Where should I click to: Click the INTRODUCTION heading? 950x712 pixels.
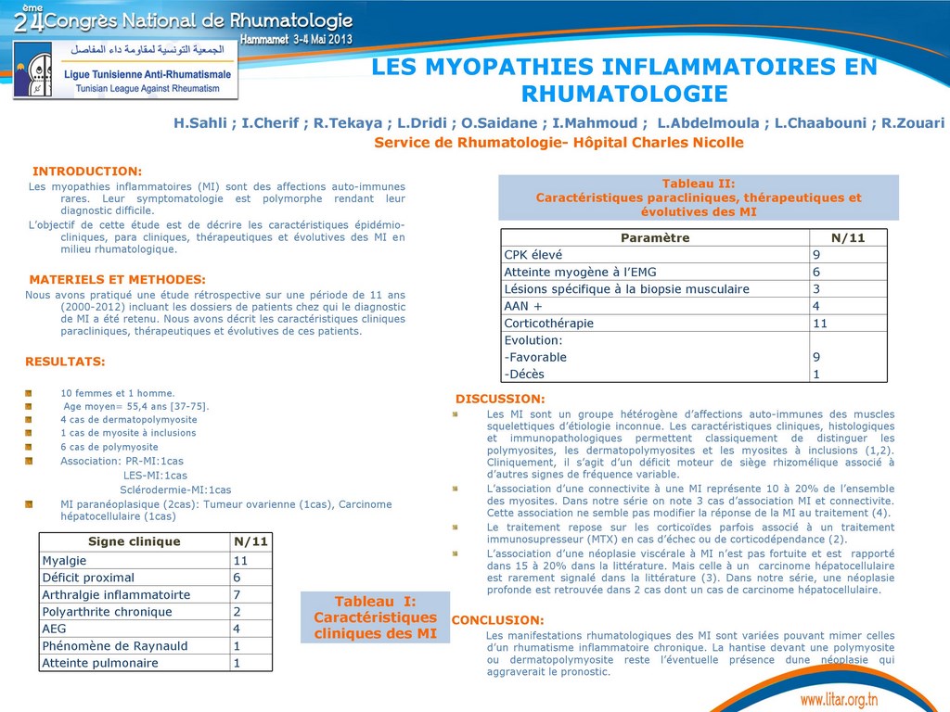87,172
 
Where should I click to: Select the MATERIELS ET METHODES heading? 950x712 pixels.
118,279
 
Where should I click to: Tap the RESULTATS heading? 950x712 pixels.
65,362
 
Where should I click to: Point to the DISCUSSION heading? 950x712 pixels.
500,399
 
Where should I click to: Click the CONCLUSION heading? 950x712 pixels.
497,620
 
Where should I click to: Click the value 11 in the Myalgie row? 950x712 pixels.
240,561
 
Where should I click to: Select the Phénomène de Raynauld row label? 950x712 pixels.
115,646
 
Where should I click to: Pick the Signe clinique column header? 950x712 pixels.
135,542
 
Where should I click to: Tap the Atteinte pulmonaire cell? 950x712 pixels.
100,663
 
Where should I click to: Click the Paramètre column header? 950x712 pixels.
655,238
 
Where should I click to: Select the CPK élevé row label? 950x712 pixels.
533,255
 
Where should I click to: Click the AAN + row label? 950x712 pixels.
523,306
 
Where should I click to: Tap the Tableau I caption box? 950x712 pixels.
375,617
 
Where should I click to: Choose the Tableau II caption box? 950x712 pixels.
699,197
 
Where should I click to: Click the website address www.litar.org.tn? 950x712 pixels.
839,698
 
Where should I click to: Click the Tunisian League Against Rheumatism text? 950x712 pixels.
142,88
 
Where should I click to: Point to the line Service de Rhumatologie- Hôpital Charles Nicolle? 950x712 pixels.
558,143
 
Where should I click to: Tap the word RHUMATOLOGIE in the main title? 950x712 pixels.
624,94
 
